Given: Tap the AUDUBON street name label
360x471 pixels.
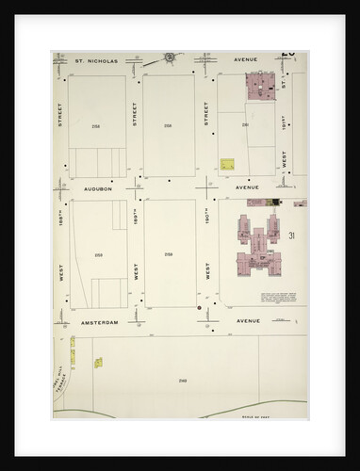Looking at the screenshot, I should (x=98, y=188).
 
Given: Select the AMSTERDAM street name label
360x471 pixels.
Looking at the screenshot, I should (x=101, y=321).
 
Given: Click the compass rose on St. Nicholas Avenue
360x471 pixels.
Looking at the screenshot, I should (x=172, y=57).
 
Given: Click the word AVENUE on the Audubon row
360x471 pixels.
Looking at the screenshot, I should (x=247, y=187).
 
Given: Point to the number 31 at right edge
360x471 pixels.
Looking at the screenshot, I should (x=294, y=235).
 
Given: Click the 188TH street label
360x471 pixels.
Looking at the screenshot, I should (x=61, y=223).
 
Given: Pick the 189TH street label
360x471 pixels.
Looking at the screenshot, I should (x=137, y=222).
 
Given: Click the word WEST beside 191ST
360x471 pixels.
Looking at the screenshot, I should (x=285, y=160).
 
